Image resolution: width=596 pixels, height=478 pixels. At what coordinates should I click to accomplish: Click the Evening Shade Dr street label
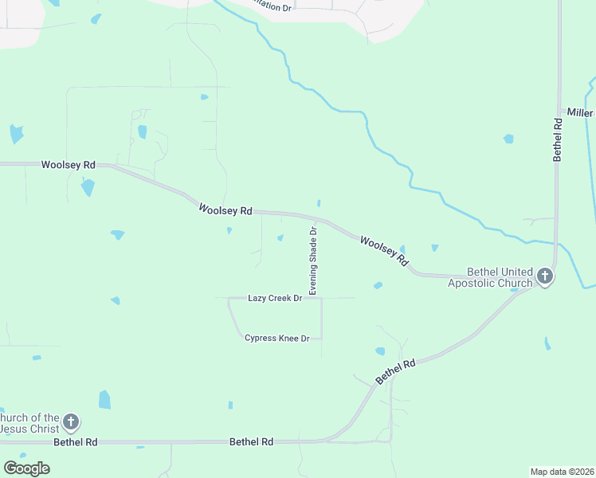[x=313, y=261]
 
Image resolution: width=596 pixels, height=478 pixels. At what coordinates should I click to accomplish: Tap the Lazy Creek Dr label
[x=275, y=298]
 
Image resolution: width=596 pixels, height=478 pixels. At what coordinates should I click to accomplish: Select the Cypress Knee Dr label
[x=276, y=339]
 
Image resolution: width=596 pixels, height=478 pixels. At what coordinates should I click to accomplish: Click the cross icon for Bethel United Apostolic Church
[x=545, y=277]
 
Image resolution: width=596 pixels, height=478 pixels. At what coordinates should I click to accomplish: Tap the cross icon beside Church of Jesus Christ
[x=71, y=421]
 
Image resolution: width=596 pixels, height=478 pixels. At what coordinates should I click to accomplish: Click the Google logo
[x=26, y=468]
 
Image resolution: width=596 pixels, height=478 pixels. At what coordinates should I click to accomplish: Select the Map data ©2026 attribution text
[x=562, y=471]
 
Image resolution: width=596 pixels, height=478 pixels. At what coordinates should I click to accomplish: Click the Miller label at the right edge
[x=579, y=113]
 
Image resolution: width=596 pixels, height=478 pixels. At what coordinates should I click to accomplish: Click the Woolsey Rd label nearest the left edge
[x=68, y=165]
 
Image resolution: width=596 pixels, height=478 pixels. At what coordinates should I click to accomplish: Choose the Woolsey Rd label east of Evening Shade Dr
[x=384, y=250]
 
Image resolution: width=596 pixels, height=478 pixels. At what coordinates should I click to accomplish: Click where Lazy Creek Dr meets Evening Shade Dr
[x=321, y=298]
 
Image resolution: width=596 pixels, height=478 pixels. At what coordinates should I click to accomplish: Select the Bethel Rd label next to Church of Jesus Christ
[x=76, y=441]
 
